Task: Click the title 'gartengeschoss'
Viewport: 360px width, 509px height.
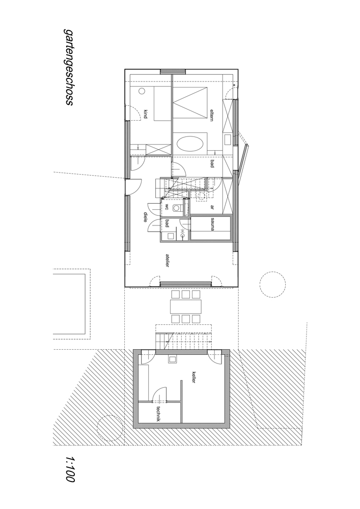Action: pos(69,67)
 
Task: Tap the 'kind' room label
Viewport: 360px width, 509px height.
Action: pos(146,114)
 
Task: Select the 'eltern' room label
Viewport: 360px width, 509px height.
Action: pos(212,115)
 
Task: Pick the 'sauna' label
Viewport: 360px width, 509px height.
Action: pos(212,224)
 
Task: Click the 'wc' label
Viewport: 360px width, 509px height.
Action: pos(167,207)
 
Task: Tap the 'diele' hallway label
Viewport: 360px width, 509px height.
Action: pos(146,217)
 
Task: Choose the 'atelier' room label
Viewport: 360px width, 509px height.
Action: pos(167,260)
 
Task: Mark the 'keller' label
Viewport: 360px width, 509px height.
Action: pos(193,377)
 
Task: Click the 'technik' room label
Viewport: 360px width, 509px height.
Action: pos(158,414)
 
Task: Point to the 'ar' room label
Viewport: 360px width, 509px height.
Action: pos(212,207)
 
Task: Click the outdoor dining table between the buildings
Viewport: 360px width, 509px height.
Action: pos(186,306)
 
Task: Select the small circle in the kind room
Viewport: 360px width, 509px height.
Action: pos(142,91)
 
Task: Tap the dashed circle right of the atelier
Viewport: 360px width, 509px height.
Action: pos(273,284)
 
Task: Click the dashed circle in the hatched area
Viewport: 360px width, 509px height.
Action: pos(110,428)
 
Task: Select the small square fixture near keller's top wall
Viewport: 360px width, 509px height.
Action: pos(172,359)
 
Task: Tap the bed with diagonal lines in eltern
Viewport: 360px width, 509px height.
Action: pos(189,103)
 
